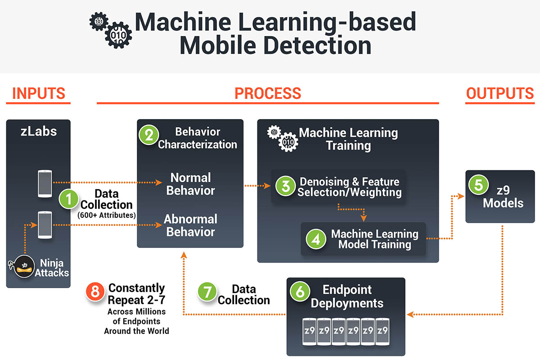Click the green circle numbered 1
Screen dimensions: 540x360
[x=69, y=199]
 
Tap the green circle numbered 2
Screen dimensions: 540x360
[x=149, y=135]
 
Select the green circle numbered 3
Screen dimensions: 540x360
[x=286, y=186]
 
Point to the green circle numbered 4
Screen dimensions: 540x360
[x=316, y=238]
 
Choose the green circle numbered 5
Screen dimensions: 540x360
[x=478, y=184]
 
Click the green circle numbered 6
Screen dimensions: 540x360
[x=300, y=291]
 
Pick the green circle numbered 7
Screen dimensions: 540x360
[x=207, y=292]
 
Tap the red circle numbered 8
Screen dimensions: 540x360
[x=95, y=292]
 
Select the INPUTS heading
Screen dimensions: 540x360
[x=39, y=93]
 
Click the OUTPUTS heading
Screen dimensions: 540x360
[x=500, y=93]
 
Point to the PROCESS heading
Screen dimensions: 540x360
[x=268, y=93]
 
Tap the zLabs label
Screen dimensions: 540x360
[x=39, y=131]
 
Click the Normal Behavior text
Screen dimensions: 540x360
[x=190, y=184]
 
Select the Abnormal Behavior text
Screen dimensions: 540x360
[x=190, y=225]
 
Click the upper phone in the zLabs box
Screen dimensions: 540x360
[x=45, y=184]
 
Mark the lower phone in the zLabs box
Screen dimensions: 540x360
[x=45, y=225]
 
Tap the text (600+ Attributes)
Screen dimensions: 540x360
[x=107, y=215]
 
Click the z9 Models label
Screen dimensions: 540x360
[x=503, y=197]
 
